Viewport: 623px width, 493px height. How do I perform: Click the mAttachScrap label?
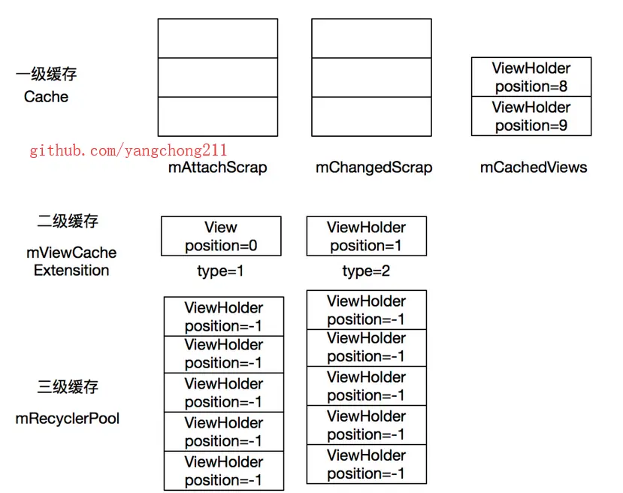218,168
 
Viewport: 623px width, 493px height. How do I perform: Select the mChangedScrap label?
374,168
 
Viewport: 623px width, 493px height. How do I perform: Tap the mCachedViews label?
534,168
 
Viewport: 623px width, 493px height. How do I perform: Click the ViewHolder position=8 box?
531,77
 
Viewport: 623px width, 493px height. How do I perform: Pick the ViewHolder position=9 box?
531,116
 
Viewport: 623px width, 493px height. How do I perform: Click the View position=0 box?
221,236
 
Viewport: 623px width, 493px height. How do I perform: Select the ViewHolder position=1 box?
366,236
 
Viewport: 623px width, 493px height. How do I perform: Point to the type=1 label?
220,271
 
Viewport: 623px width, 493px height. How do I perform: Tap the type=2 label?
366,271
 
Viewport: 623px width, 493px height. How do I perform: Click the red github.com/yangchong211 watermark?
129,150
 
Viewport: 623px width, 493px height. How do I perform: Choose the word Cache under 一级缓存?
46,96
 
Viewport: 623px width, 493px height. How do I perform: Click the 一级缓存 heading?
46,74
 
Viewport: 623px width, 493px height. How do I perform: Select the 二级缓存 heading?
68,221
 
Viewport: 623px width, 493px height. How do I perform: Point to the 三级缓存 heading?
68,386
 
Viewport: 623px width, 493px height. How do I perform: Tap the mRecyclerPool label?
68,419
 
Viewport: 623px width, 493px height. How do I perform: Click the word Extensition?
71,270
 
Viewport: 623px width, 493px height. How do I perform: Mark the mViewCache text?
71,253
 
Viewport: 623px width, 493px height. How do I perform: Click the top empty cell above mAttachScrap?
218,38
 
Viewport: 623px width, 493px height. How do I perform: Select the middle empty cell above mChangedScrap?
371,77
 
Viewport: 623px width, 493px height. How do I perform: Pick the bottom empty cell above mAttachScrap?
218,116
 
